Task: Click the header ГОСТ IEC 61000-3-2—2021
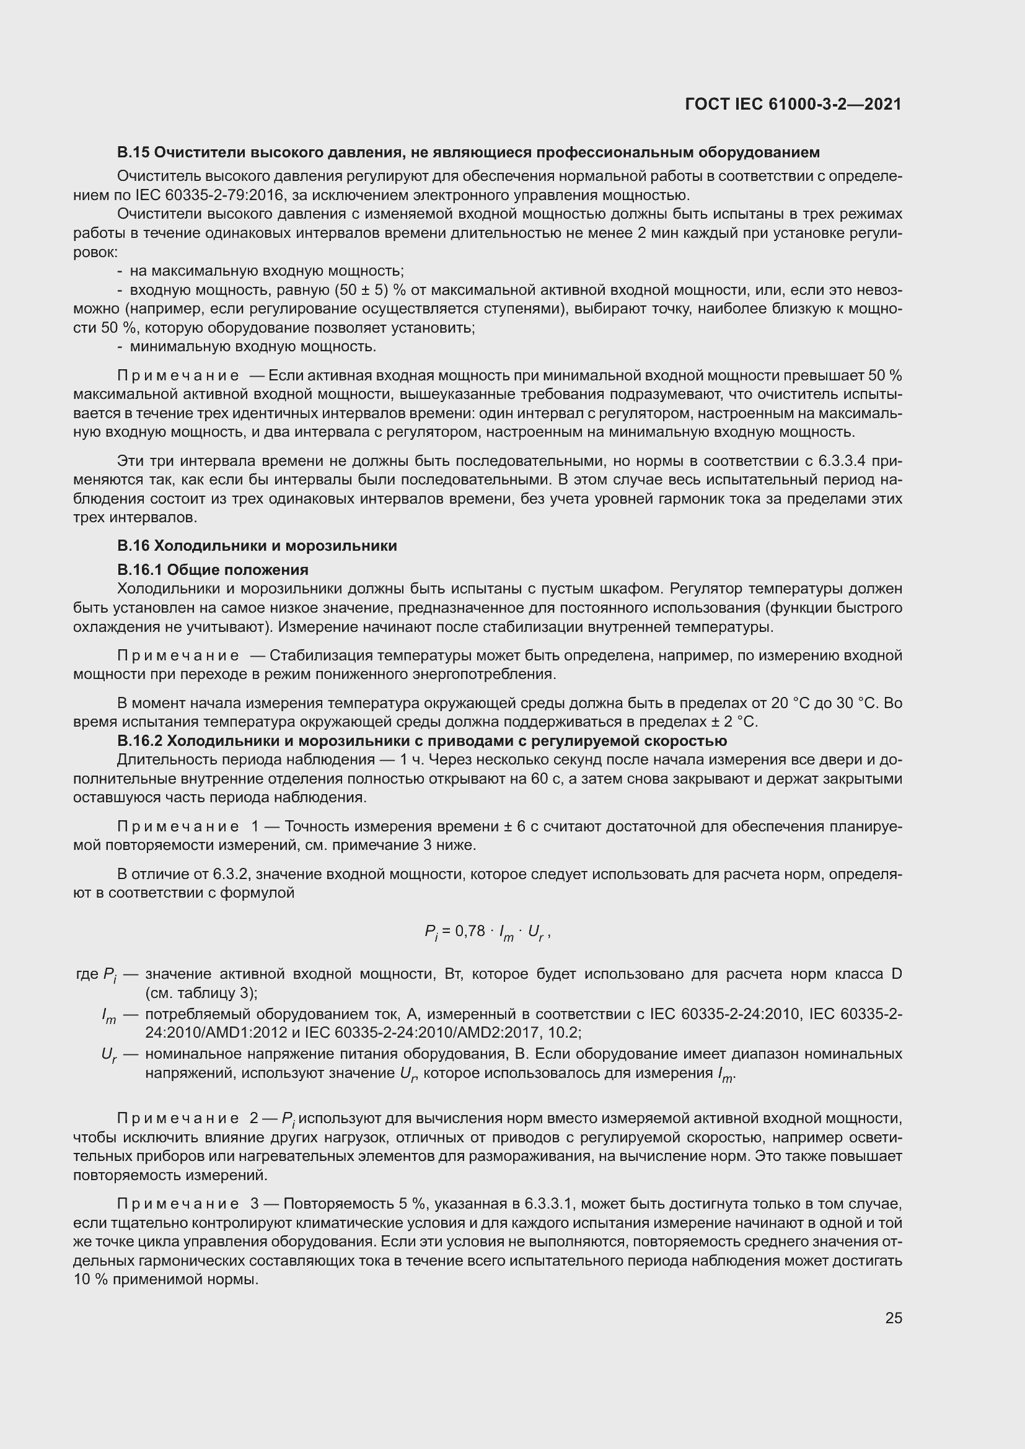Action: coord(793,104)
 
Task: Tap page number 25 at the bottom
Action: coord(893,1318)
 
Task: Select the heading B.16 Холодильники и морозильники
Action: coord(257,545)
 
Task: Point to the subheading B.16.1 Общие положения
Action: coord(213,570)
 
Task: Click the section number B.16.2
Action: coord(139,740)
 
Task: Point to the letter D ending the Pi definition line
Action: coord(896,974)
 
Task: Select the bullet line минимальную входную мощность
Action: coord(252,346)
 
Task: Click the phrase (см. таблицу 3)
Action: coord(200,992)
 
